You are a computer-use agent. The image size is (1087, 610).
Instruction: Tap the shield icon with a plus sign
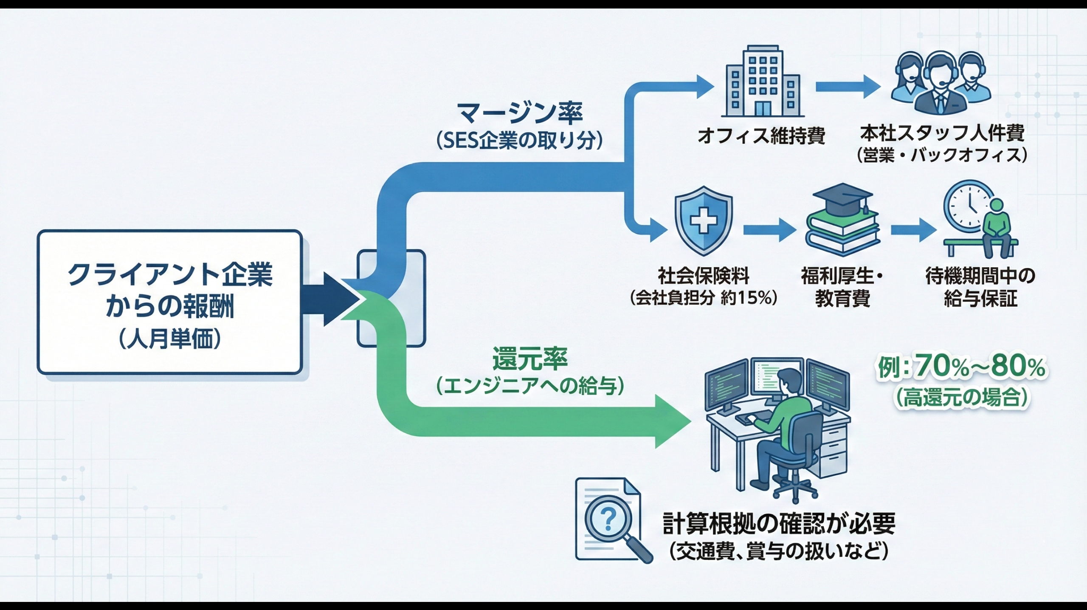(703, 220)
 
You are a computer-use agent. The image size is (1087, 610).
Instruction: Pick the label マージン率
(520, 113)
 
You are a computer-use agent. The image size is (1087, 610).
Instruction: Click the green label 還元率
(530, 359)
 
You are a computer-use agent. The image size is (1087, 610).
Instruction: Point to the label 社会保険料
(704, 276)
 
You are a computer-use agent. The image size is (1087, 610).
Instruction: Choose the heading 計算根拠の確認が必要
(779, 523)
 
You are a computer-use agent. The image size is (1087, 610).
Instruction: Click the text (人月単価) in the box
(170, 340)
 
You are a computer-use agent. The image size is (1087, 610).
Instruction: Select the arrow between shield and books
(769, 231)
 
